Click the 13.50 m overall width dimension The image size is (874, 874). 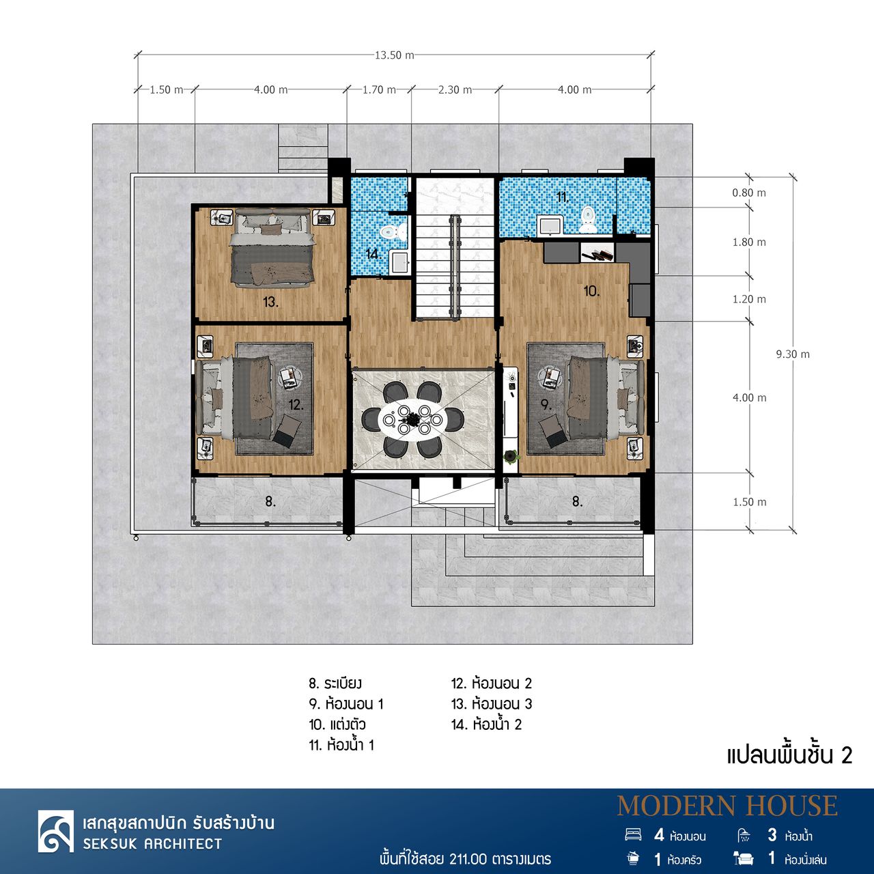coord(394,55)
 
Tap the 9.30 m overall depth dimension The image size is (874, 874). coord(793,354)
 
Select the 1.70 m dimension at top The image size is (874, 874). coord(379,90)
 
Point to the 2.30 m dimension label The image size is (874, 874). coord(455,90)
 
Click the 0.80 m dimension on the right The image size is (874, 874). coord(749,193)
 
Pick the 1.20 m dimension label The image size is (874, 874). coord(749,299)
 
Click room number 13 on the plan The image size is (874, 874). coord(270,302)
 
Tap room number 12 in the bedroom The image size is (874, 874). coord(296,405)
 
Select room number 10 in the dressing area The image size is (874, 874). coord(592,291)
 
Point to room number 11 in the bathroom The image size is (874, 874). coord(563,197)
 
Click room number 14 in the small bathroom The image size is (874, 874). coord(373,254)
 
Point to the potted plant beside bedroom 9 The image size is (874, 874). coord(511,456)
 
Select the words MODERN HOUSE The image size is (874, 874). coord(727,806)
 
